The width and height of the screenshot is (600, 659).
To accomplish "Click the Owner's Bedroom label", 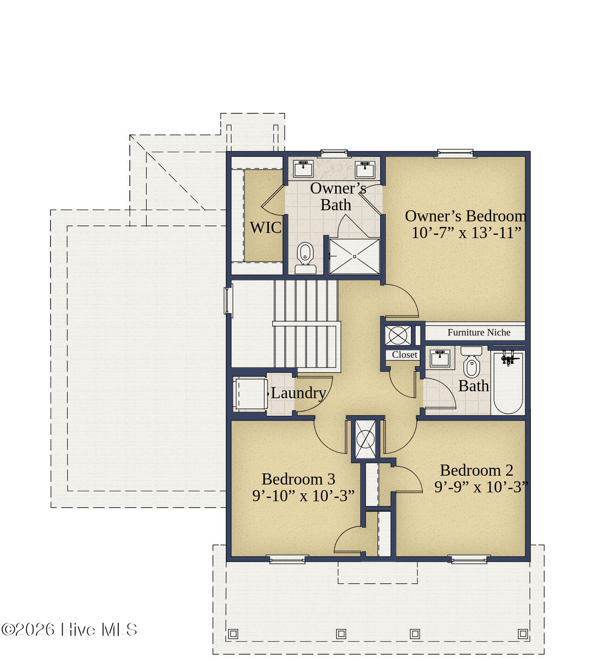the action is pos(466,216).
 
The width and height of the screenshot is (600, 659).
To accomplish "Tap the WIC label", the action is pos(266,227).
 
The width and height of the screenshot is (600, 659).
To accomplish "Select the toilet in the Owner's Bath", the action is pos(305,258).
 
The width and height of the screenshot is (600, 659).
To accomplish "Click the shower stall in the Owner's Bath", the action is pos(355,256).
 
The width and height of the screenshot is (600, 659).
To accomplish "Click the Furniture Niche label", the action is pos(479,332).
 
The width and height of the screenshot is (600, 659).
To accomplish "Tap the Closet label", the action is pos(404,355).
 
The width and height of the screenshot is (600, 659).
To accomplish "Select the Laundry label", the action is pos(298,393).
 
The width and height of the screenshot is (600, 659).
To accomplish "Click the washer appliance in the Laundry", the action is pos(250,394).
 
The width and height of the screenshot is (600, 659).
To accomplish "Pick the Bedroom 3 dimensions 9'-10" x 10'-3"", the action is pos(303,496).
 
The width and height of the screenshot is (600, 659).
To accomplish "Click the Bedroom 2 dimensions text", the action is pos(481,487).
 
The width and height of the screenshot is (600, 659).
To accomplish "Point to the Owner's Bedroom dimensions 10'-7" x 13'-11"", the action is pos(466,233).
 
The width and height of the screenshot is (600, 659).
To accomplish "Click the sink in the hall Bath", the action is pos(440,358).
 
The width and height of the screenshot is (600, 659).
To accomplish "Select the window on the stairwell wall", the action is pos(229,301).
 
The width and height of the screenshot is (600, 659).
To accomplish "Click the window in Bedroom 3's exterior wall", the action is pos(287,560).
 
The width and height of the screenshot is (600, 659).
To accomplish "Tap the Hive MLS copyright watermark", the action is pos(69,630).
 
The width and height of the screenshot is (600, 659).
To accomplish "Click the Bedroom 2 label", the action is pos(477,471).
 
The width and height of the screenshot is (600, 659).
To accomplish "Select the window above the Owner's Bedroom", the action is pos(455,154).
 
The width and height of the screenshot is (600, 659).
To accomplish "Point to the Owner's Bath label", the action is pos(338,197).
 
